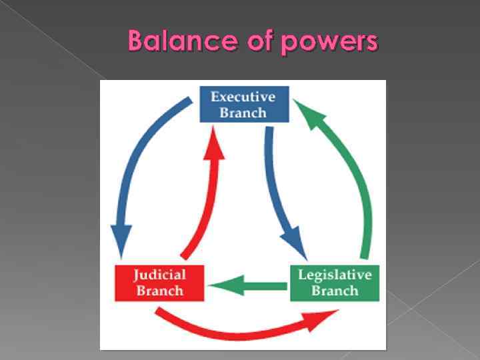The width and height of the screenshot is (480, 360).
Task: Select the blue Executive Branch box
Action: coord(244,104)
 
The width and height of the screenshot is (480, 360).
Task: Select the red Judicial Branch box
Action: coord(159,283)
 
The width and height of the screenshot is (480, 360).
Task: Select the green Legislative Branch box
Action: coord(335,283)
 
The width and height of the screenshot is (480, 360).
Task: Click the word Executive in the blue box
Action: coord(244,97)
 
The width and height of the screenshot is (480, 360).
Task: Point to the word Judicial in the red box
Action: coord(159,275)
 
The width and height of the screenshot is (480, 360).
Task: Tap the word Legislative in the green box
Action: coord(335,275)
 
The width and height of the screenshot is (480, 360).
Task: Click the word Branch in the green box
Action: coord(335,291)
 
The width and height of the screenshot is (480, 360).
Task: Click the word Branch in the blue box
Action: coord(244,112)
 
